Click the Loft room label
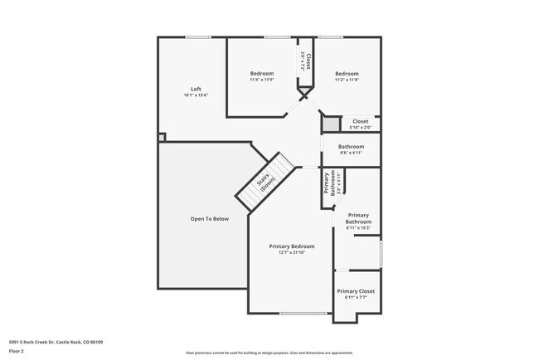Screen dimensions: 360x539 (x=196, y=90)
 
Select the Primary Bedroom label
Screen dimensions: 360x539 (x=292, y=246)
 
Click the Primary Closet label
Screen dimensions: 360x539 (x=355, y=291)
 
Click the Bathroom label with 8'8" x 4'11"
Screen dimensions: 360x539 (x=351, y=147)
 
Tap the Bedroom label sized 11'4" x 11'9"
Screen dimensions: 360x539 (x=262, y=73)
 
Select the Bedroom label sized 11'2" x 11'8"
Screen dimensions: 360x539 (x=346, y=73)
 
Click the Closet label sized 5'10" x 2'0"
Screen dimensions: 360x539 (x=360, y=121)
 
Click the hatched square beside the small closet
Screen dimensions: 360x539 (x=331, y=123)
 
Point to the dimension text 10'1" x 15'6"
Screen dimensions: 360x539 (x=196, y=95)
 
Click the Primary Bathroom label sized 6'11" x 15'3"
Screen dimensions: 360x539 (x=358, y=219)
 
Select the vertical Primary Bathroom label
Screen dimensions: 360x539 (x=327, y=182)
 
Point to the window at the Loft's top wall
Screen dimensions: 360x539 (x=197, y=36)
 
